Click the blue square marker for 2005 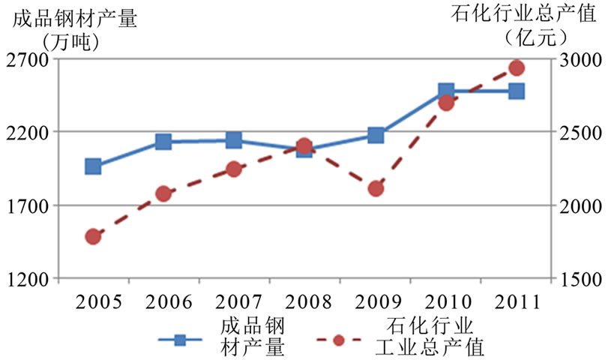point(93,166)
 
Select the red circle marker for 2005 point(93,237)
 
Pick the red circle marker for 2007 point(233,169)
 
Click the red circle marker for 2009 point(376,188)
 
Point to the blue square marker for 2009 point(376,136)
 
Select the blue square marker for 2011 point(517,91)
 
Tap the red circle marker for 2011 point(517,68)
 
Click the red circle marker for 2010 point(446,103)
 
